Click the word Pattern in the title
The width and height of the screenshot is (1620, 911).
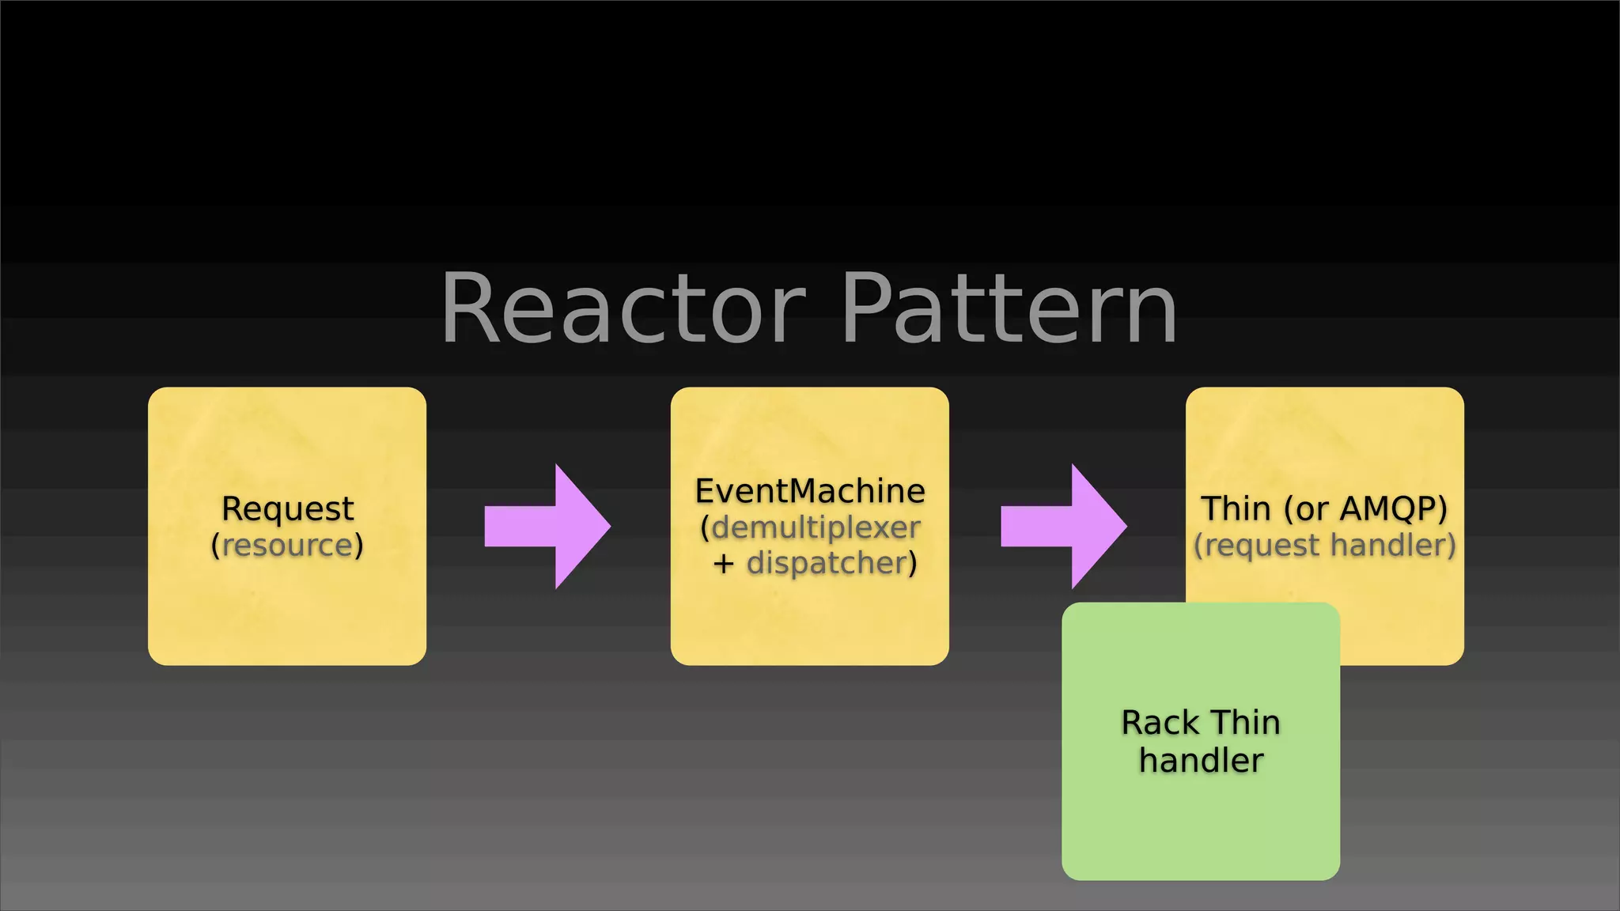(1010, 310)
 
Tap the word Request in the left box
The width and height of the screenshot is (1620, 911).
(287, 508)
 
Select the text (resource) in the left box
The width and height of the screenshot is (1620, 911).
(287, 545)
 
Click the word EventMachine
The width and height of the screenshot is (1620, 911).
(810, 491)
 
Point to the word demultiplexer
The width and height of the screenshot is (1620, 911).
(816, 527)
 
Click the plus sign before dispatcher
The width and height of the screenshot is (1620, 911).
(723, 564)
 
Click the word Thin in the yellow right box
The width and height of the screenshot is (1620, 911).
(1236, 508)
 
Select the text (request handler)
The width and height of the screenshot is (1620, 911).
(1325, 545)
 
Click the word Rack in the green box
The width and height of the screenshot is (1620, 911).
(1159, 723)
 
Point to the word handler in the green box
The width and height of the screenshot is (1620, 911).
(1201, 761)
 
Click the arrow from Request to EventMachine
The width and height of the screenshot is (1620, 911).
(548, 527)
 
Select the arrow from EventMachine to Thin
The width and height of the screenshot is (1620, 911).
(1064, 527)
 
